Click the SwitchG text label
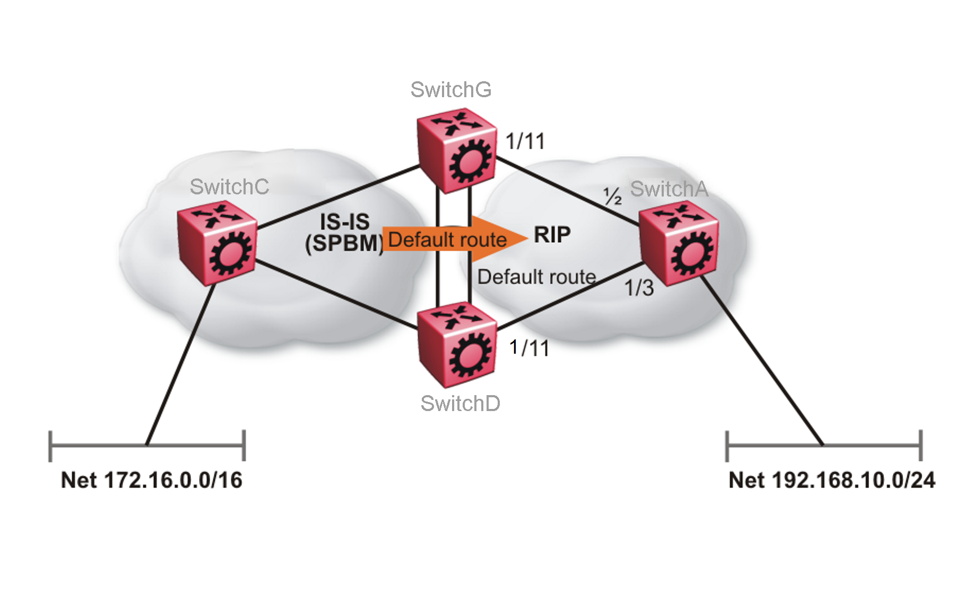point(450,90)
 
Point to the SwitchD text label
point(460,404)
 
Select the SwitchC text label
point(229,187)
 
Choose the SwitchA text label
point(669,189)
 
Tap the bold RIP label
point(552,234)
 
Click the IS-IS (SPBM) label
point(344,233)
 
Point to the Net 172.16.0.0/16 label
point(152,480)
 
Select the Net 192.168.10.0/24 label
point(831,480)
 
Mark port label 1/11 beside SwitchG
point(525,141)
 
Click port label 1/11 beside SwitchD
point(529,348)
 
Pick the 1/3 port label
point(639,288)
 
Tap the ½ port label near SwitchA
point(613,196)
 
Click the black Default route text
point(536,277)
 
